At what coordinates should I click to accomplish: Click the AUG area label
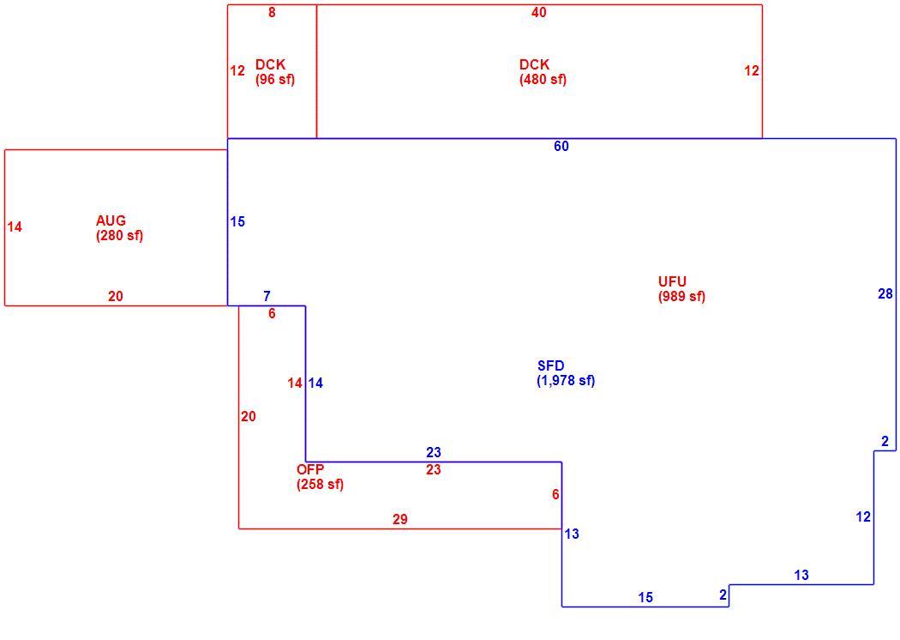pos(111,220)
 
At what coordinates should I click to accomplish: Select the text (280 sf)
pos(119,236)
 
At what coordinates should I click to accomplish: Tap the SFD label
pos(551,366)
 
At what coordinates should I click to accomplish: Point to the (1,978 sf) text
pos(566,381)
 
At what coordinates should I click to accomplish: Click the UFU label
pos(672,281)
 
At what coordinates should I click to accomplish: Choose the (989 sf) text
pos(682,297)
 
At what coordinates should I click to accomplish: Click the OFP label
pos(310,469)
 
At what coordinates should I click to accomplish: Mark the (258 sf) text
pos(321,485)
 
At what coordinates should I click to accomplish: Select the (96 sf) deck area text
pos(275,79)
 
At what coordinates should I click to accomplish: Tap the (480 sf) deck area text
pos(543,79)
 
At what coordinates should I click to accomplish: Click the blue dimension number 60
pos(561,147)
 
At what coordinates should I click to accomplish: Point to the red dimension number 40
pos(539,12)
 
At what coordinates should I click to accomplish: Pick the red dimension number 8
pos(272,12)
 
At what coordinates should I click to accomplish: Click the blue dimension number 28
pos(885,293)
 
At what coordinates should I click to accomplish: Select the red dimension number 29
pos(400,519)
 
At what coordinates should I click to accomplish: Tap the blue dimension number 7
pos(267,297)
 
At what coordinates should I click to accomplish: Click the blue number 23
pos(434,452)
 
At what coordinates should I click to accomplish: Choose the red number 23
pos(434,470)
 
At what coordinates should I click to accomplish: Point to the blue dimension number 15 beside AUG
pos(237,221)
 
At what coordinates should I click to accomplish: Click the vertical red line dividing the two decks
pos(317,72)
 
